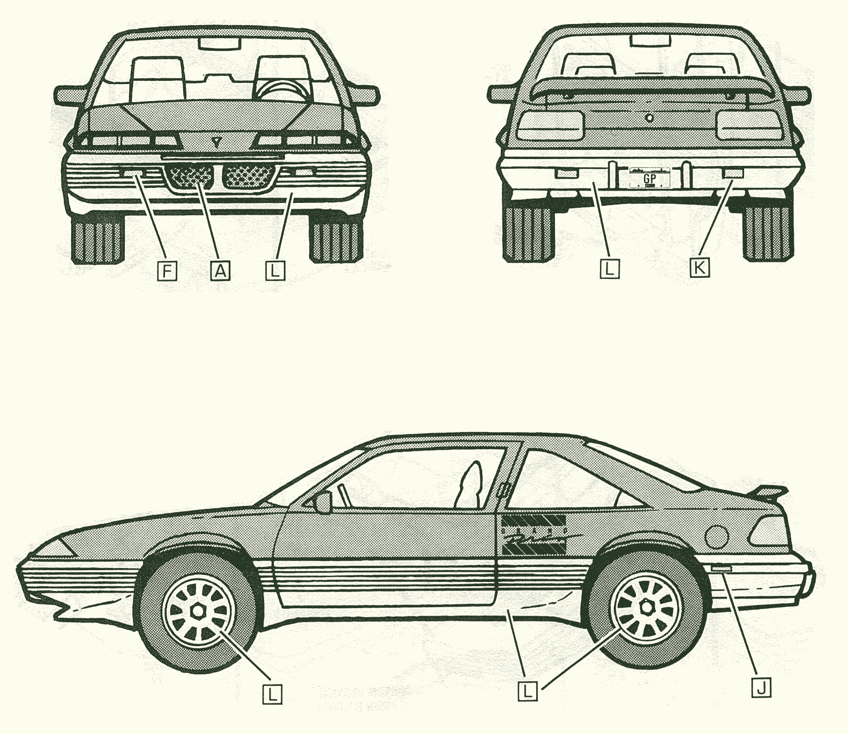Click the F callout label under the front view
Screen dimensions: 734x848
(x=167, y=271)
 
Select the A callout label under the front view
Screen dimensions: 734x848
(x=220, y=271)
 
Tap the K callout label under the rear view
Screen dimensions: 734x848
(x=699, y=267)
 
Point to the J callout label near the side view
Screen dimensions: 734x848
(x=761, y=687)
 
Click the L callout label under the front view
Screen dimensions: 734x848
(x=275, y=271)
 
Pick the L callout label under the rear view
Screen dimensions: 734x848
(x=610, y=268)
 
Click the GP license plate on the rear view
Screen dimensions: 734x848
(x=649, y=177)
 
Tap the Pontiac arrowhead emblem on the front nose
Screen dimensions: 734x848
(x=216, y=142)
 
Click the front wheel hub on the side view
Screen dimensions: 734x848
(x=199, y=611)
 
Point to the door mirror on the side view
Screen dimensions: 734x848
(x=323, y=502)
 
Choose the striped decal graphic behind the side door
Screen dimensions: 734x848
(x=534, y=535)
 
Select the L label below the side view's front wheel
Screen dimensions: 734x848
(x=273, y=694)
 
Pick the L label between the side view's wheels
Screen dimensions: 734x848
(x=528, y=691)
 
